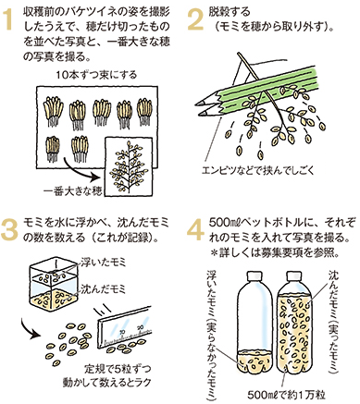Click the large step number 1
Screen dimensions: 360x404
click(x=8, y=21)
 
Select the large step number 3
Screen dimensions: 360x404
click(x=9, y=230)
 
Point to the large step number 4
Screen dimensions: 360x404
click(x=196, y=230)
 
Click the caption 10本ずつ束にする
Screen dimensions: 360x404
click(x=96, y=75)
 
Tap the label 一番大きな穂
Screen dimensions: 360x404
click(x=73, y=191)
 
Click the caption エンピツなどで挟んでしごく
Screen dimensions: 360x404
click(x=257, y=170)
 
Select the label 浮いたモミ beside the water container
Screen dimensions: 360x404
click(x=103, y=263)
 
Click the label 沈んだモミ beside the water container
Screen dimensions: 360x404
click(x=104, y=289)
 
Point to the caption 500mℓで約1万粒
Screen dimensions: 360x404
click(x=287, y=395)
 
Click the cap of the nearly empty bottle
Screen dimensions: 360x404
click(x=254, y=276)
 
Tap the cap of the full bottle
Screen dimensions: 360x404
click(x=293, y=276)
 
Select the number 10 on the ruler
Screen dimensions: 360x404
click(x=122, y=332)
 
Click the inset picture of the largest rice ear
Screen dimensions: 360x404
click(x=129, y=166)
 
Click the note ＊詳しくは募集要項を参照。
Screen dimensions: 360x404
click(x=275, y=253)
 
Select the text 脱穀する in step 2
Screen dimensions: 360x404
click(x=230, y=12)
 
